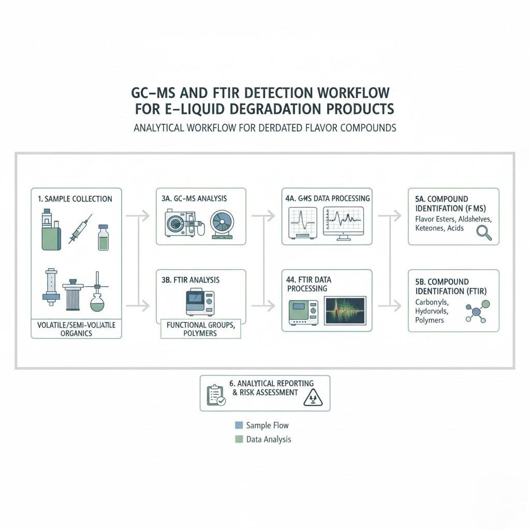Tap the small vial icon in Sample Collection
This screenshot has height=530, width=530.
pos(104,238)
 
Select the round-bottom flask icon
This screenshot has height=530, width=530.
pos(97,297)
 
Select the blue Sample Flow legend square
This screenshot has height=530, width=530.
pos(239,425)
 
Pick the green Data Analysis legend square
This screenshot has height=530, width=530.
pos(239,439)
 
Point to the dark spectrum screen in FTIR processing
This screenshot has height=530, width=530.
pos(345,310)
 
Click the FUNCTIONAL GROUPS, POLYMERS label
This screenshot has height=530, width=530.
pos(201,329)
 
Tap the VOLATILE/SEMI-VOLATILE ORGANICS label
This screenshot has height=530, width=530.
pos(77,329)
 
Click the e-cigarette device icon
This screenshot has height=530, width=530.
pos(51,230)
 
